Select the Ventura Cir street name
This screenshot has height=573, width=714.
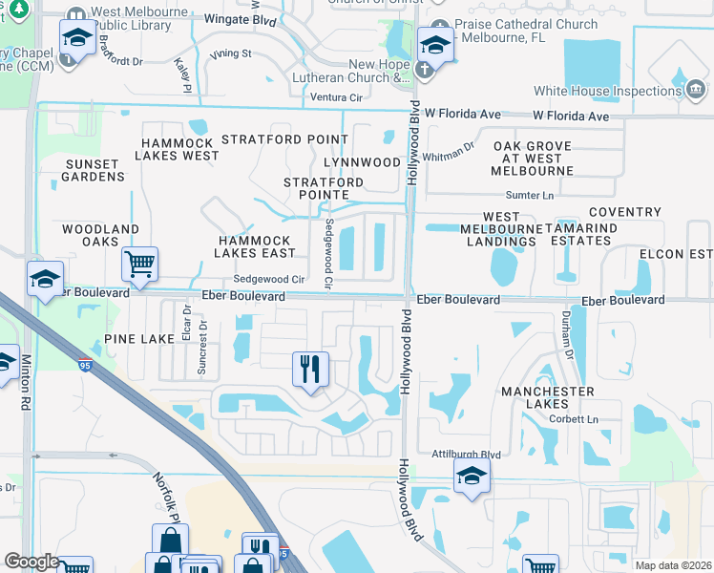336,97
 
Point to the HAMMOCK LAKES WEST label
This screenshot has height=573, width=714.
180,148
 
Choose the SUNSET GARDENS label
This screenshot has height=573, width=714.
94,170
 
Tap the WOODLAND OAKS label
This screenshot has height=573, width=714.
100,236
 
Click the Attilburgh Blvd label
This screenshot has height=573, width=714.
465,455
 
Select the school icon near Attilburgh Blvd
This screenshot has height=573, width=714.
472,475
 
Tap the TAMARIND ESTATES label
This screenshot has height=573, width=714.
593,235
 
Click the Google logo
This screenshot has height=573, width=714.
31,562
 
